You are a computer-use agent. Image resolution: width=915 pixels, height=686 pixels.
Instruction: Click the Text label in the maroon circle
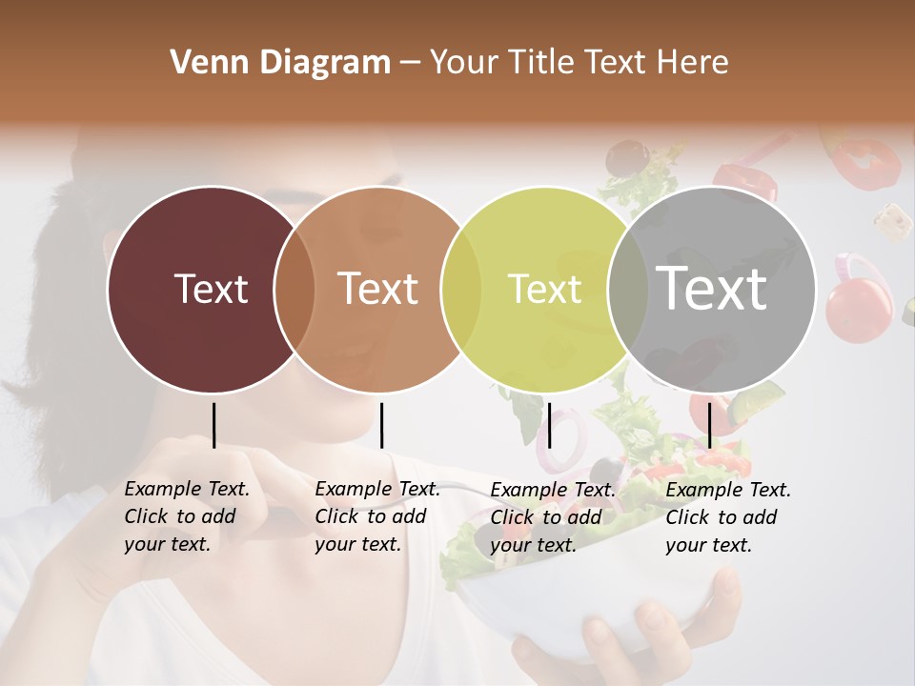(x=211, y=289)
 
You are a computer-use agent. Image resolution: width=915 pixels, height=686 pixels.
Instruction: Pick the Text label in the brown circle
(x=378, y=289)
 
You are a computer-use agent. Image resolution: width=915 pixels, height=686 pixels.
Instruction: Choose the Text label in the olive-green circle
(x=544, y=289)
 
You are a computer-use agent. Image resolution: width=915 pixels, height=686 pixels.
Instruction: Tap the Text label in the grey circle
(x=712, y=288)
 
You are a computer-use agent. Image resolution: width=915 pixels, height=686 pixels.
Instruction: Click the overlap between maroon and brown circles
(x=295, y=289)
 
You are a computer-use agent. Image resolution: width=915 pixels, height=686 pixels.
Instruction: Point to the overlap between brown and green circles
(x=461, y=289)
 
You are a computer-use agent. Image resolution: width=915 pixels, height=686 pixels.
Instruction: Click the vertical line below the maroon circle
(x=213, y=425)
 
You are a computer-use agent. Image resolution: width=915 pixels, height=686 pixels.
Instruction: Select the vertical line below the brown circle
(x=381, y=425)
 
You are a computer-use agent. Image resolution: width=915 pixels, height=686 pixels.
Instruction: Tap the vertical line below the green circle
(x=549, y=425)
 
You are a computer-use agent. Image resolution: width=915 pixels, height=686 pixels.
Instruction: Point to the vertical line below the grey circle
(x=709, y=425)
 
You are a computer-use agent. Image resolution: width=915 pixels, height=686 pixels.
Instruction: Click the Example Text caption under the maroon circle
(x=186, y=516)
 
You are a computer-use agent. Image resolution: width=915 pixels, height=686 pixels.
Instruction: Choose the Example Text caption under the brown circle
(x=376, y=516)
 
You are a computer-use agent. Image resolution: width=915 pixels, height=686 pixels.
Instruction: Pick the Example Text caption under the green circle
(x=552, y=517)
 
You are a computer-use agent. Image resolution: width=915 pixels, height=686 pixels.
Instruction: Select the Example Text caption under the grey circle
(x=727, y=517)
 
